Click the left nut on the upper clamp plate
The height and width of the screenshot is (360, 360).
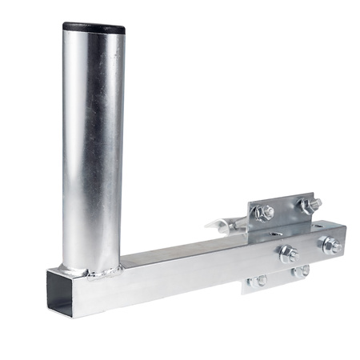(x=265, y=212)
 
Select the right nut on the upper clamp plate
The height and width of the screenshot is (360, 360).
(x=306, y=206)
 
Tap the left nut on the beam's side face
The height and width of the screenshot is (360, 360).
(x=287, y=254)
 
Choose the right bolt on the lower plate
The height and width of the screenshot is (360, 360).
(x=300, y=272)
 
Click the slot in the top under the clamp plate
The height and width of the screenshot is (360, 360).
(x=275, y=234)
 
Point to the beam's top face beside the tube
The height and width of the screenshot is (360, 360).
(x=176, y=256)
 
